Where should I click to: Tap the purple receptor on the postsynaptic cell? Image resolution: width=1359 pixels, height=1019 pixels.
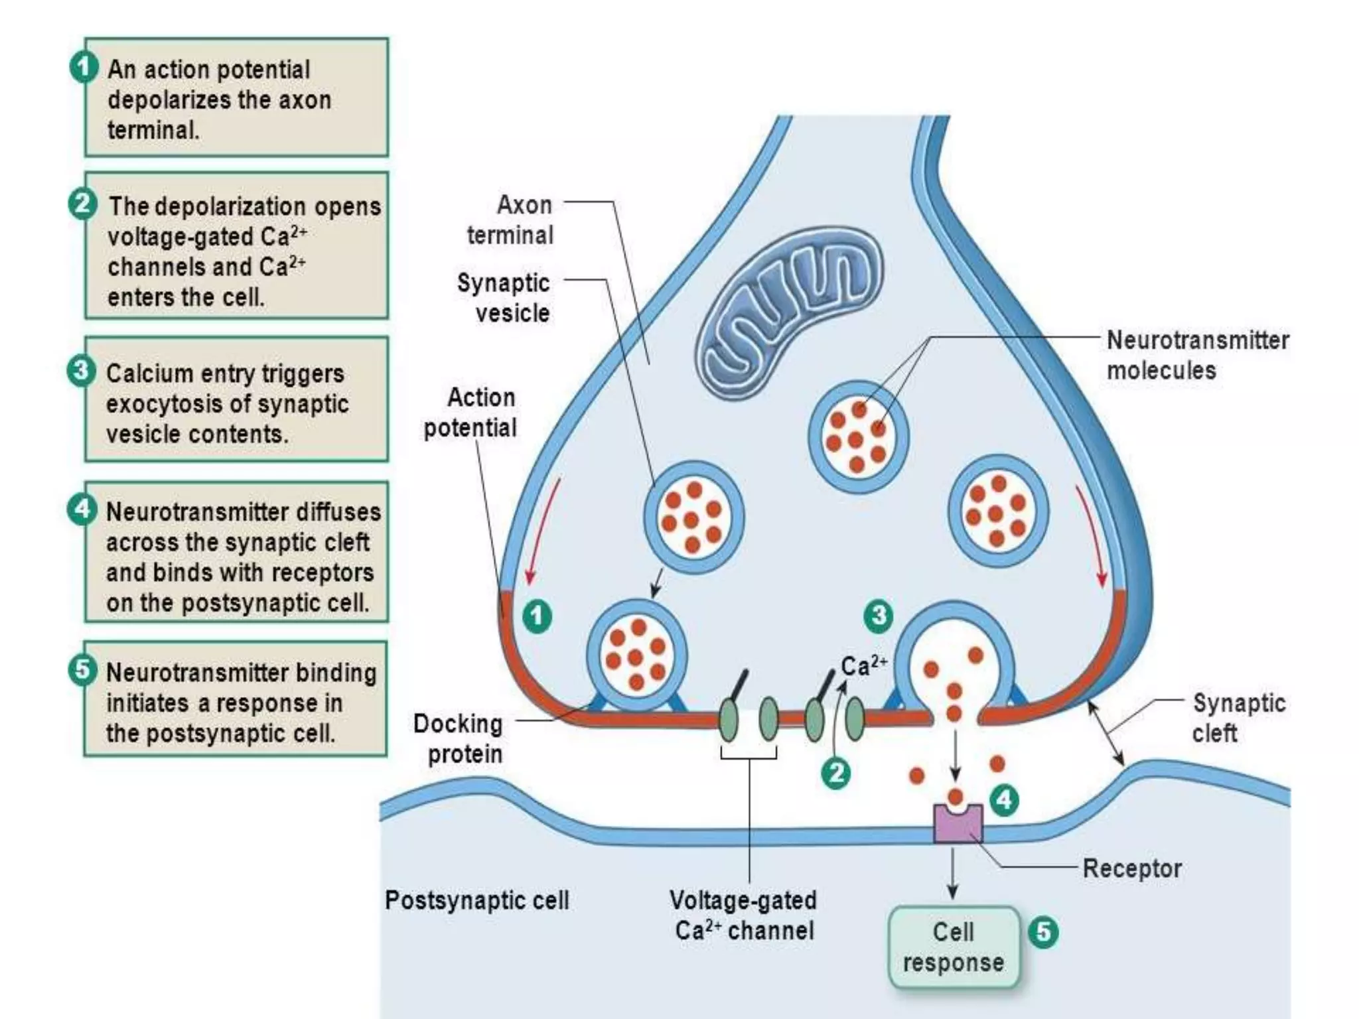pos(957,823)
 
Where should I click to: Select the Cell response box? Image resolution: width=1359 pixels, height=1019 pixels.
pos(954,947)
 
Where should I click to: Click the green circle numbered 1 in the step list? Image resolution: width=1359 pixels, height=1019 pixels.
pos(84,68)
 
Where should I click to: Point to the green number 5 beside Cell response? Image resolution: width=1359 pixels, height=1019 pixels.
pos(1043,932)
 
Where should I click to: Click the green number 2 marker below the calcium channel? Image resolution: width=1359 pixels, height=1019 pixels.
pos(836,774)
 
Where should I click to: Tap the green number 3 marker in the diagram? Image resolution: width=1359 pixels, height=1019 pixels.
pos(879,616)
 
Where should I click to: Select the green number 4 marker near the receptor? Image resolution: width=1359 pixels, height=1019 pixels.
pos(1004,800)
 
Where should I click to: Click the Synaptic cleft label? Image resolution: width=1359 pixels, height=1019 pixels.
pos(1238,718)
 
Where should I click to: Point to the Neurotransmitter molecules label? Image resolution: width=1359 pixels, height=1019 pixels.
pos(1198,355)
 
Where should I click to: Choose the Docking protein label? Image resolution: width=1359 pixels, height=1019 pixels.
pos(459,738)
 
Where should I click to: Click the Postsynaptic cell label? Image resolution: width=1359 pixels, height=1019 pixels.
pos(477,900)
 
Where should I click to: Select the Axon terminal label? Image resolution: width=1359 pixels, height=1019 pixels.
pos(510,220)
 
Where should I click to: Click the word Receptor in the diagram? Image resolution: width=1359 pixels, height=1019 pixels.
pos(1132,868)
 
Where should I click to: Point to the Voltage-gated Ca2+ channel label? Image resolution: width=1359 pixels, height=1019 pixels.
pos(743,916)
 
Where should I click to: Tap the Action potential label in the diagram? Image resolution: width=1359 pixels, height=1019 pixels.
pos(470,413)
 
